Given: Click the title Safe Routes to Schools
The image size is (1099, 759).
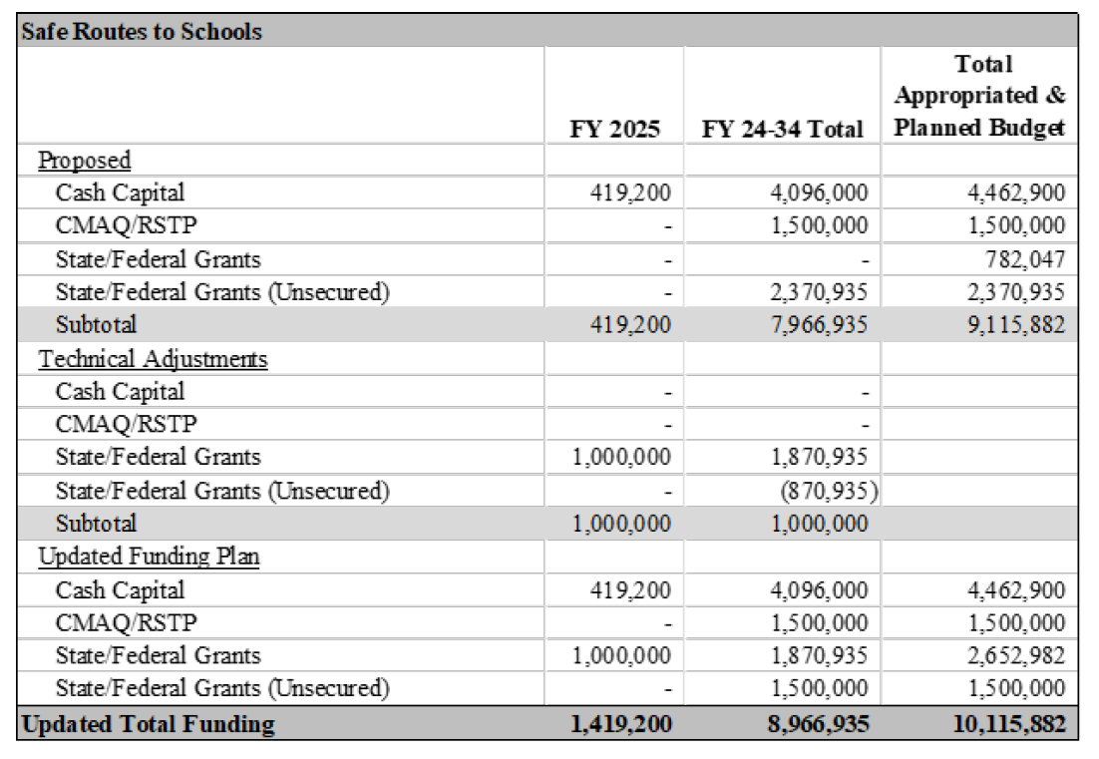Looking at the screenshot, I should coord(142,31).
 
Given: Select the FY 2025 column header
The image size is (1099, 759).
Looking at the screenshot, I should coord(614,129).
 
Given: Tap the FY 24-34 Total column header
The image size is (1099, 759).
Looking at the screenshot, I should coord(782,129).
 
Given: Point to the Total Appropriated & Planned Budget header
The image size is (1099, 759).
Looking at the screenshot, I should coord(979,96).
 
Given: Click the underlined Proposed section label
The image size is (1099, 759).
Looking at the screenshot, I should coord(85,160).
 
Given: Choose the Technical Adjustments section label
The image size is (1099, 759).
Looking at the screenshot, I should coord(153,358).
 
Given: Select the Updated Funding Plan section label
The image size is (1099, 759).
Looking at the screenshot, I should coord(149,556).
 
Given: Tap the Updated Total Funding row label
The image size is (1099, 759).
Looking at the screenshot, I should coord(148,724).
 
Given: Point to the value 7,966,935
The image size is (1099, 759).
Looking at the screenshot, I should coord(819,325).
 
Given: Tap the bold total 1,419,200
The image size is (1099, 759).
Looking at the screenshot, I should coord(621,724).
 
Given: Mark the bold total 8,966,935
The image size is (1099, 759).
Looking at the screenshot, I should coord(819,724).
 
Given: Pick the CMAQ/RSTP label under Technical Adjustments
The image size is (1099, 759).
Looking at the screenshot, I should coord(127,424).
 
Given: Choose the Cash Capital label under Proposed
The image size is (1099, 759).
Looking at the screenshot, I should coord(120,192).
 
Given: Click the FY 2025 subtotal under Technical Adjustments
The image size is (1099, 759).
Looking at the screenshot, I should coord(621,523).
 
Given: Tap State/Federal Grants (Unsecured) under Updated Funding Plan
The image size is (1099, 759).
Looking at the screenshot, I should coord(222,687).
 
